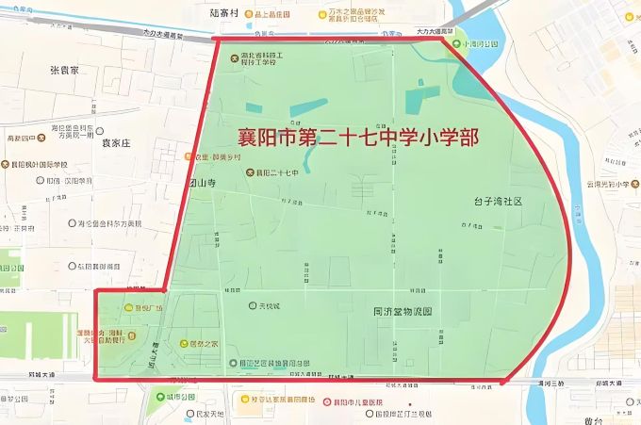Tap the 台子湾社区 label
(498, 202)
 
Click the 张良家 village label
(64, 71)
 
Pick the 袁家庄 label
(115, 143)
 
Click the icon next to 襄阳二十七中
(250, 173)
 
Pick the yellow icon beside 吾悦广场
(129, 308)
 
